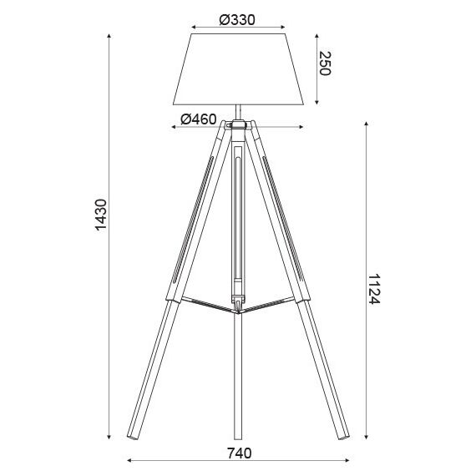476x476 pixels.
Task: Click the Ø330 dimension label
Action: click(238, 20)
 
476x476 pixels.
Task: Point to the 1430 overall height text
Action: click(99, 215)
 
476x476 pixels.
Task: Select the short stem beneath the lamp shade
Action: click(239, 111)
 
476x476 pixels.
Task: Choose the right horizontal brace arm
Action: click(276, 302)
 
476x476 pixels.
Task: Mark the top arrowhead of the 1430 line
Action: click(110, 37)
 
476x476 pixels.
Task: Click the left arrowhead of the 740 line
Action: click(128, 460)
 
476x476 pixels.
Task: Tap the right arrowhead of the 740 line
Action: click(350, 460)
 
